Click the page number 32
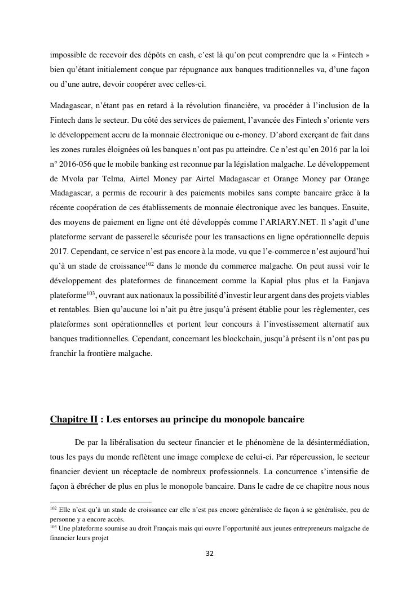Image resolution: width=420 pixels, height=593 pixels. (x=210, y=554)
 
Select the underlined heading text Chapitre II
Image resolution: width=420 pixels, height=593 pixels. (x=73, y=420)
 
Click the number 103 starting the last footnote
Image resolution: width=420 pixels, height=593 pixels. (x=54, y=527)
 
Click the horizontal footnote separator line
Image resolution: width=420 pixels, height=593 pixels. (x=101, y=501)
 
